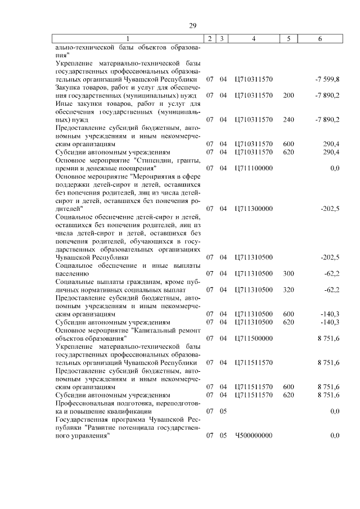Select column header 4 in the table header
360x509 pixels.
coord(254,39)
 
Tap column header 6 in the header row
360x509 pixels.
coord(320,39)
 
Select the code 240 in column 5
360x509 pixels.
coord(289,119)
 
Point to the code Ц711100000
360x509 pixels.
coord(254,168)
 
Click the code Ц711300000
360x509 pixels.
coord(254,209)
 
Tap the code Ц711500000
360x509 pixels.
coord(254,338)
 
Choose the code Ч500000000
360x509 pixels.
coord(254,435)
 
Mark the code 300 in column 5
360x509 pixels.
coord(289,273)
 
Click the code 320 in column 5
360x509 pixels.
coord(289,290)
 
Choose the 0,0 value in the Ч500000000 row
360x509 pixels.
coord(335,435)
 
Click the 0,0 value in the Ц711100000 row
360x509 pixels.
coord(335,168)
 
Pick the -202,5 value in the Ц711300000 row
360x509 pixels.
coord(330,209)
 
